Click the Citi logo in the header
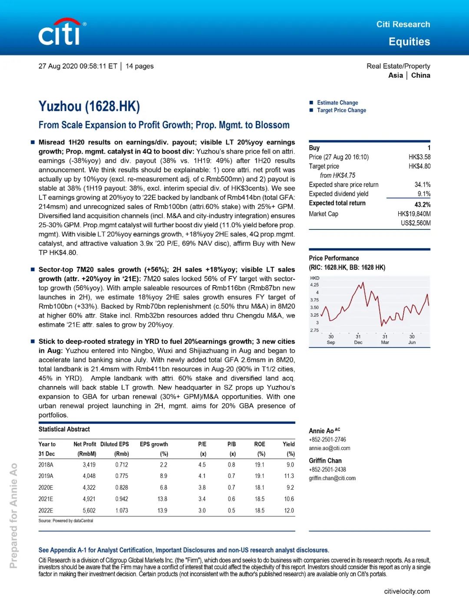[x=61, y=33]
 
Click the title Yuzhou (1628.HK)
[x=89, y=106]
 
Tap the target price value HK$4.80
[x=419, y=166]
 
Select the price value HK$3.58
[x=419, y=157]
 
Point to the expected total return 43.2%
[x=422, y=204]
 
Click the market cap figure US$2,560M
[x=415, y=223]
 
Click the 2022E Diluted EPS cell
[x=122, y=511]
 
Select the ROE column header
[x=260, y=444]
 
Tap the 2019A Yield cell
[x=289, y=476]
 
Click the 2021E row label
[x=46, y=499]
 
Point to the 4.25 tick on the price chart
[x=314, y=285]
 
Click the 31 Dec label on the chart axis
[x=358, y=339]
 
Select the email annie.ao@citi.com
[x=329, y=448]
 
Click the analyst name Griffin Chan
[x=325, y=461]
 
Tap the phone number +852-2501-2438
[x=327, y=469]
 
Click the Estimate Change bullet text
[x=337, y=103]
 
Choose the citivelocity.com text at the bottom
[x=407, y=591]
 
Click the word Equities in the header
[x=409, y=42]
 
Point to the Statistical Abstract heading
[x=64, y=429]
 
